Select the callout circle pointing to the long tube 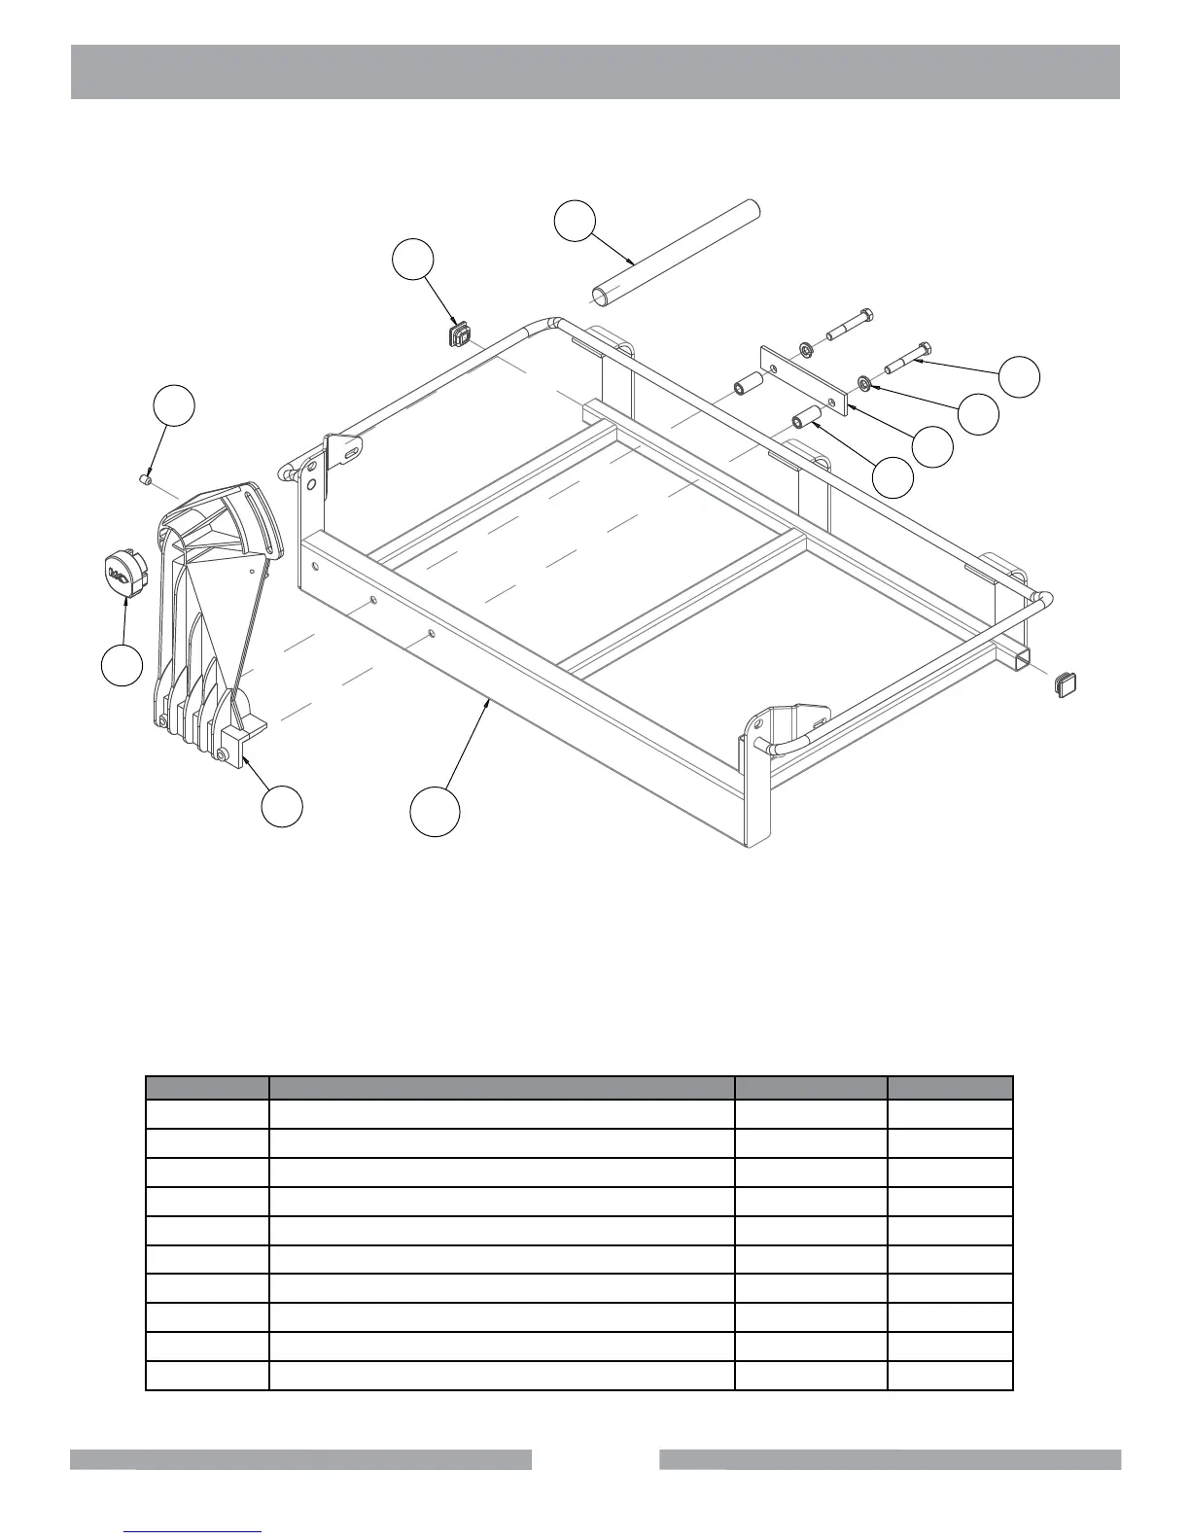pos(575,221)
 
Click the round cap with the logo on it pos(123,571)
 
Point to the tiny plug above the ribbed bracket pos(144,478)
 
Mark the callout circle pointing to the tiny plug pos(176,406)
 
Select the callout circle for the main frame pos(434,811)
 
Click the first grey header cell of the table pos(207,1088)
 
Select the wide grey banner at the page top pos(595,72)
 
